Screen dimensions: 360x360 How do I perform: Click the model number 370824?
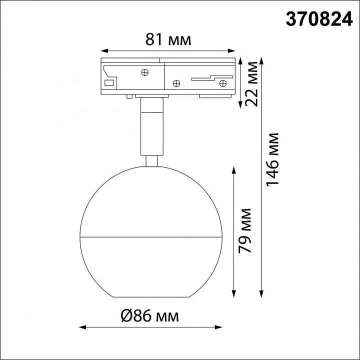pyautogui.click(x=319, y=19)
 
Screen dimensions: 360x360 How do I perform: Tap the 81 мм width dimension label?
pyautogui.click(x=168, y=39)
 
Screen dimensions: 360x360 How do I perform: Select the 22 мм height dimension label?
pyautogui.click(x=251, y=84)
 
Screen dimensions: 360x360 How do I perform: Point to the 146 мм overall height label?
pyautogui.click(x=272, y=159)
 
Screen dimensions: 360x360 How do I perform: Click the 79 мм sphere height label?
pyautogui.click(x=245, y=230)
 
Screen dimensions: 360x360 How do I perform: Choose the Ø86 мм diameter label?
pyautogui.click(x=149, y=315)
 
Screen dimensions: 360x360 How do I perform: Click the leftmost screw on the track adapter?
pyautogui.click(x=144, y=72)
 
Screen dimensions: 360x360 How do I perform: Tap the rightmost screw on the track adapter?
pyautogui.click(x=223, y=83)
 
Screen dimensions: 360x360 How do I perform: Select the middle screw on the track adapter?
pyautogui.click(x=176, y=83)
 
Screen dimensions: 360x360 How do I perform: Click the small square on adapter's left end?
pyautogui.click(x=109, y=83)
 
